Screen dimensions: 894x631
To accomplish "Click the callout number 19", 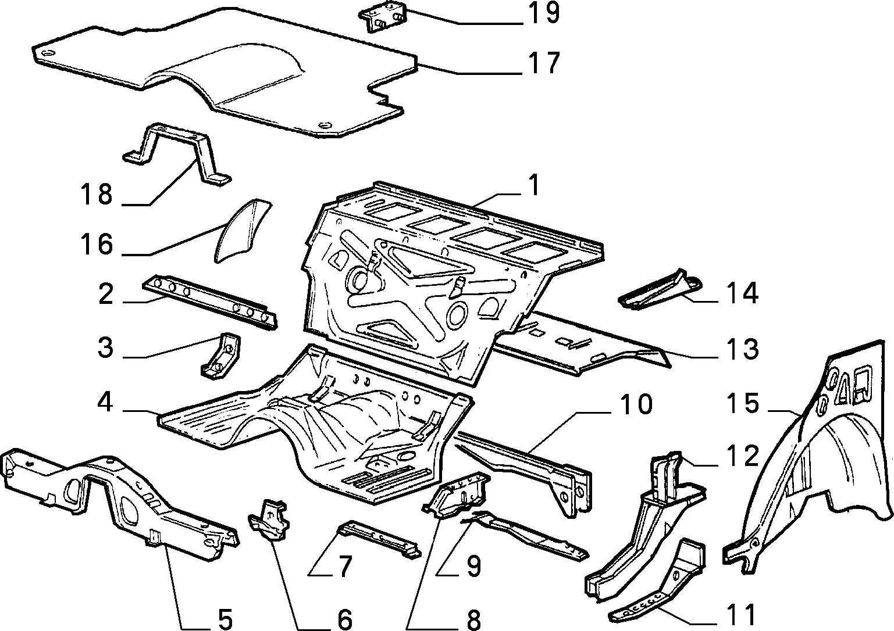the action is tap(544, 13).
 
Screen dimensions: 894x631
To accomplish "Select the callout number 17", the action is tap(544, 63).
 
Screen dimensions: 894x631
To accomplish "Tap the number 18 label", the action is tap(96, 195).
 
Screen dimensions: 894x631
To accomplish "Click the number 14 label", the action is tap(742, 293).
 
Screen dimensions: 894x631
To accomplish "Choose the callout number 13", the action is tap(742, 349).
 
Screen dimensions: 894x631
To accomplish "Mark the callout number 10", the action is tap(636, 404).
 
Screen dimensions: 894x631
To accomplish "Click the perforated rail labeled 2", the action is tap(209, 300).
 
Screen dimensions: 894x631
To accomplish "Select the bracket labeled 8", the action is tap(457, 494).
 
